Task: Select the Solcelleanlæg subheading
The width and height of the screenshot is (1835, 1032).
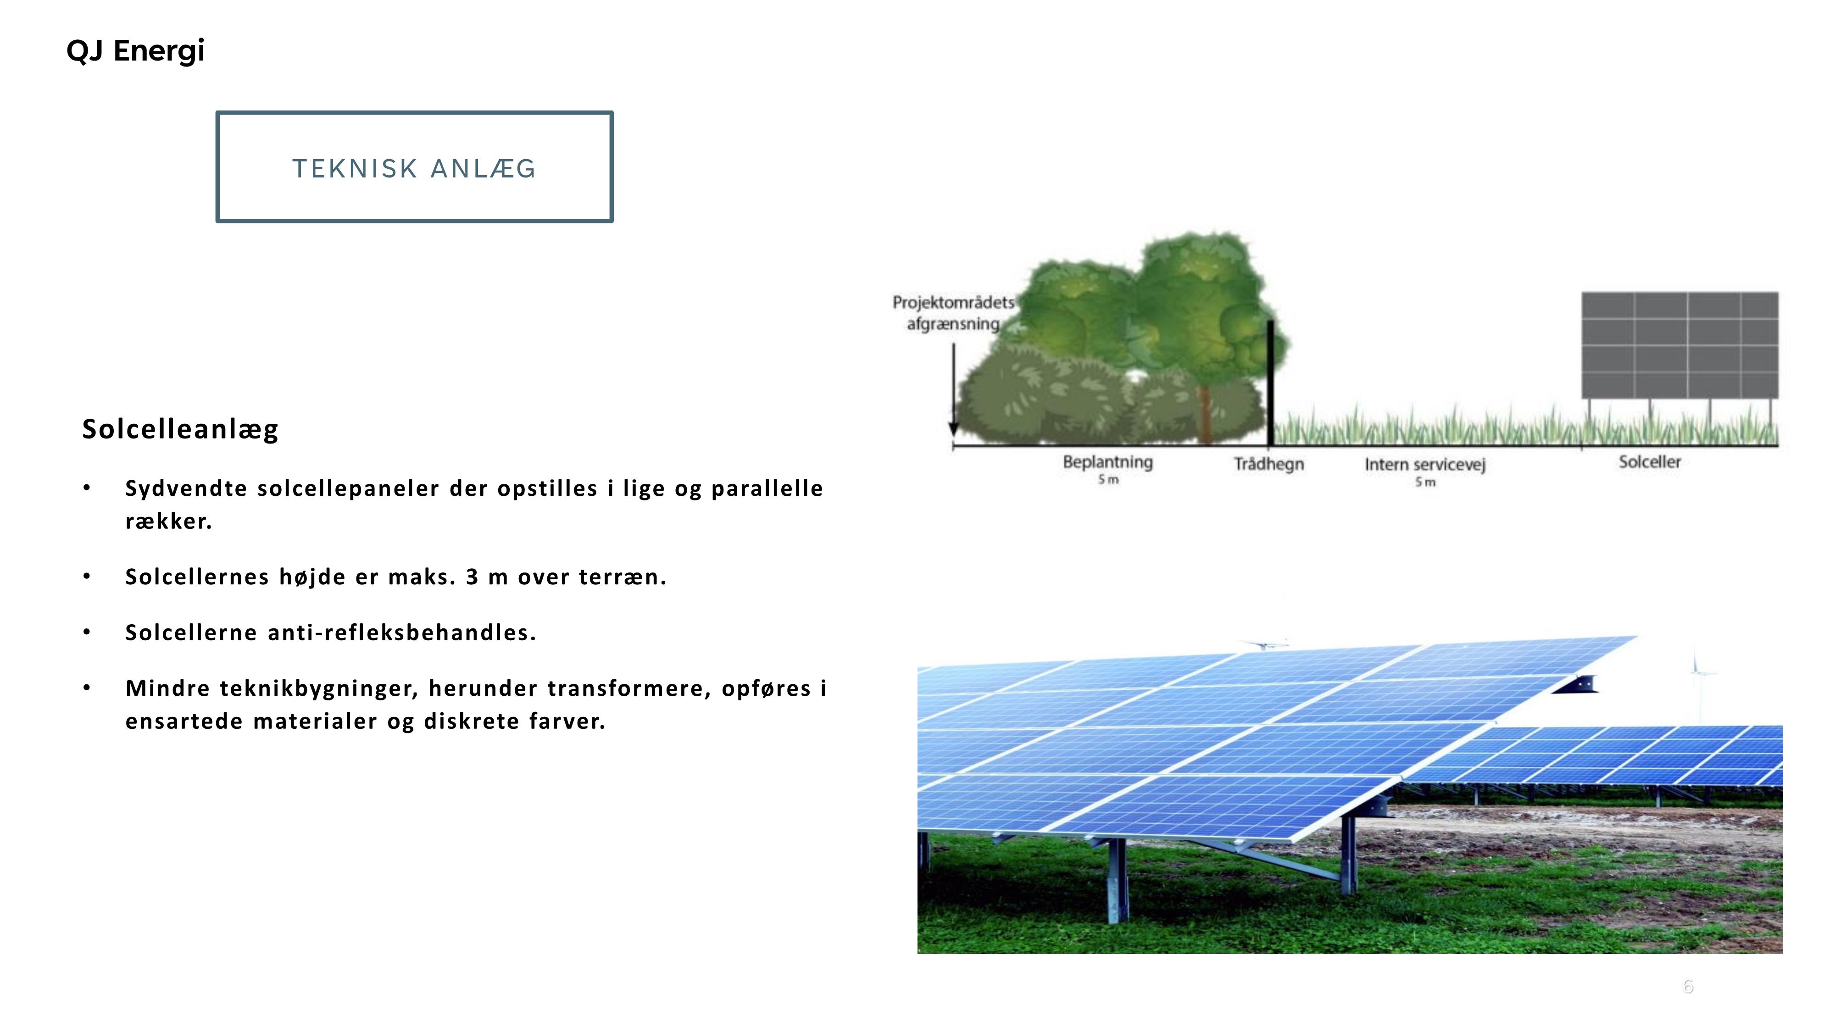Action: click(180, 429)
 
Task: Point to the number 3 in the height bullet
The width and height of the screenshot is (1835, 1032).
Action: click(473, 577)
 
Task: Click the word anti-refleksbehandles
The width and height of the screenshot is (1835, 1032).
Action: click(402, 633)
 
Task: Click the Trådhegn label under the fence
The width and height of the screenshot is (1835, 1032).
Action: click(1269, 464)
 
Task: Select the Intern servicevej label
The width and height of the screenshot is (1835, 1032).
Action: click(1425, 464)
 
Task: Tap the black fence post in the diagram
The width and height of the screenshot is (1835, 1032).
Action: click(1270, 383)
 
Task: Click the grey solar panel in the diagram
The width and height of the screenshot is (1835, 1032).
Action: click(1679, 345)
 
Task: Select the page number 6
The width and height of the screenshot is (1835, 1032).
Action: click(1688, 987)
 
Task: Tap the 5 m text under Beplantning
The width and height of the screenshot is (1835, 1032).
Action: click(1108, 480)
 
